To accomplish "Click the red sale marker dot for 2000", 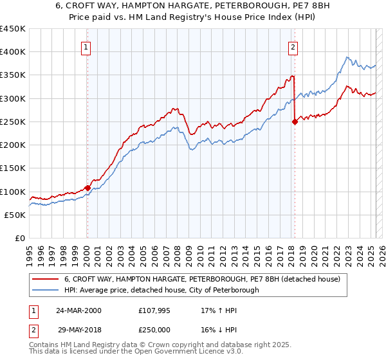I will coord(87,188).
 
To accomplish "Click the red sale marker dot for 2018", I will coord(295,122).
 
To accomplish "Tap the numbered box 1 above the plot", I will coord(86,46).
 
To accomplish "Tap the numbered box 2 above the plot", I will coord(293,46).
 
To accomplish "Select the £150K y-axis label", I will coord(13,168).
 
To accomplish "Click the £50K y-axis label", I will coord(15,215).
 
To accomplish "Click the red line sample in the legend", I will coord(46,279).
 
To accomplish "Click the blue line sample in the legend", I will coord(46,290).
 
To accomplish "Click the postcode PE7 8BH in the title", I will coord(295,7).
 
